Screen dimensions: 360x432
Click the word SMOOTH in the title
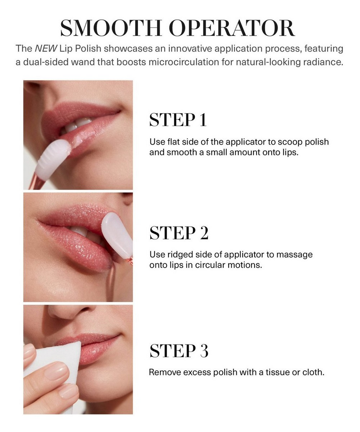[111, 28]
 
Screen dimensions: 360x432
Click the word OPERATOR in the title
[232, 28]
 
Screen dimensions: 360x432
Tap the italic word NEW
[46, 49]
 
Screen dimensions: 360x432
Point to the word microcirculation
[184, 62]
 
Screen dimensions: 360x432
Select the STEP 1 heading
[178, 120]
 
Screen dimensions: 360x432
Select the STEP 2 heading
[179, 233]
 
